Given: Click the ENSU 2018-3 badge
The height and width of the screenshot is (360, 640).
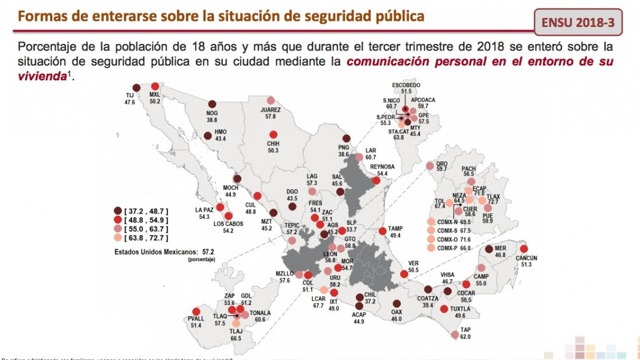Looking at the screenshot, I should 578,23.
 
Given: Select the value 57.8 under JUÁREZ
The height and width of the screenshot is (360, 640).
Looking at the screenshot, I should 270,116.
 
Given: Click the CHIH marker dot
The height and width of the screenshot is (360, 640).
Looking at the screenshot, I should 273,135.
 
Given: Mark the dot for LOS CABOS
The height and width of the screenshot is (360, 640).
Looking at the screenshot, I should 228,216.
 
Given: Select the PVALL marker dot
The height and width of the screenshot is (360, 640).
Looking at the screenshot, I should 196,312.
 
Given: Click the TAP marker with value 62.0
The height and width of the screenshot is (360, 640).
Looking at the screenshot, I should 455,335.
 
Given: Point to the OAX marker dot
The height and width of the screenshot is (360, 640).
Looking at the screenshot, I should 397,304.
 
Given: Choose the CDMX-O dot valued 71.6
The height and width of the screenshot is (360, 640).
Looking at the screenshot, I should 431,239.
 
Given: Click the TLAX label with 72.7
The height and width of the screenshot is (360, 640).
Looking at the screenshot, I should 493,197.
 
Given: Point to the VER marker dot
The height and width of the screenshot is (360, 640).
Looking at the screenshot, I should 404,274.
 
